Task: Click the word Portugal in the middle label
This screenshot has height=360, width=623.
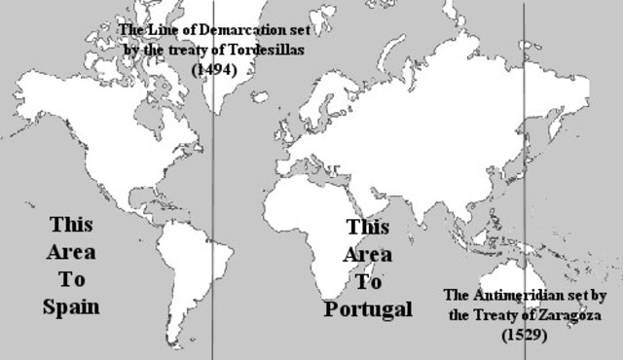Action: (368, 309)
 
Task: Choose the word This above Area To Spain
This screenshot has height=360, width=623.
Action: (72, 225)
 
